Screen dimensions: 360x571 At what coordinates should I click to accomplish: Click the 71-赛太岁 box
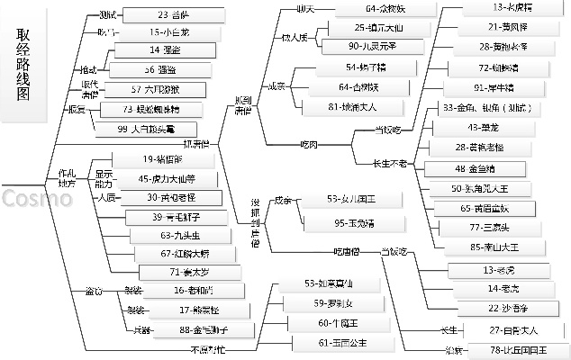(x=185, y=270)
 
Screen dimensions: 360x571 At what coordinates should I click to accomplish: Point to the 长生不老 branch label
(x=390, y=163)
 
